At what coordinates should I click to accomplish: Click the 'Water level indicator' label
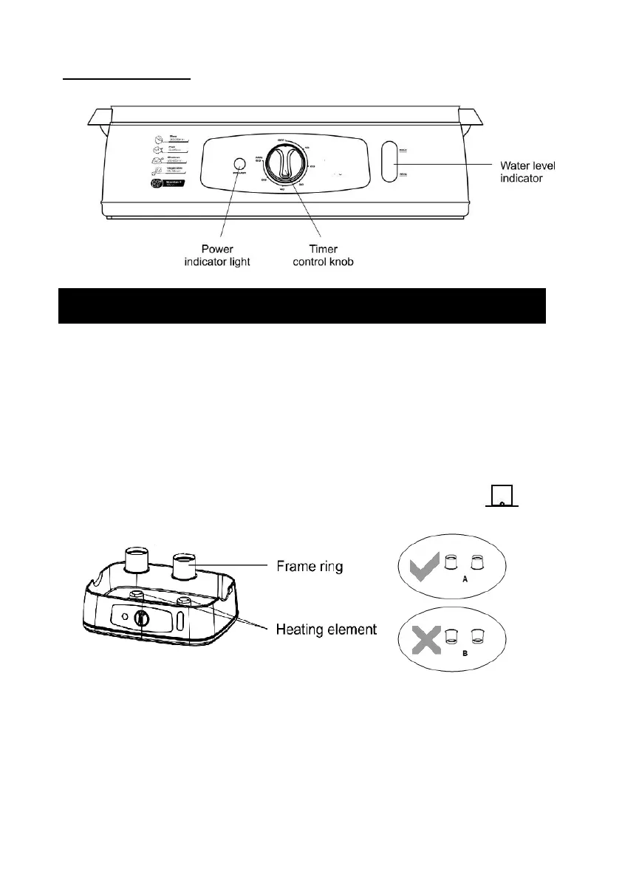click(x=527, y=172)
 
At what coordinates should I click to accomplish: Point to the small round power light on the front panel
click(x=239, y=164)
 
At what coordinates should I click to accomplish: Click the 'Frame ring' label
click(x=309, y=566)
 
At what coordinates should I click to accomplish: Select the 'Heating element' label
click(x=327, y=629)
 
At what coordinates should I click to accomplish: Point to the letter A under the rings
click(x=465, y=581)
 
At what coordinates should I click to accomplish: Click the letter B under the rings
click(x=465, y=653)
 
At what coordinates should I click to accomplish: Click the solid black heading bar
click(x=301, y=306)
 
